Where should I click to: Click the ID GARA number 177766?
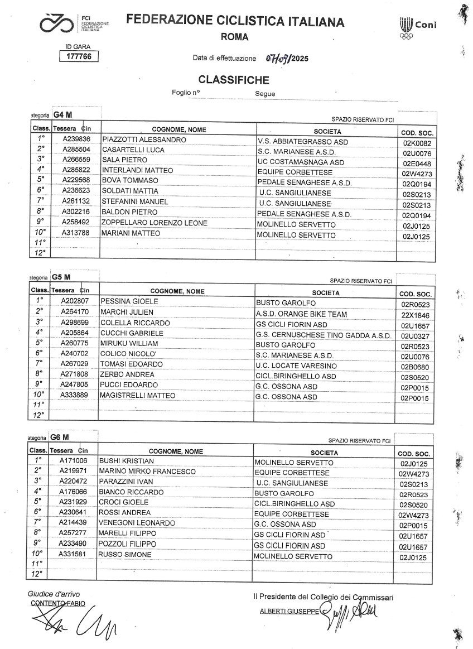(x=79, y=56)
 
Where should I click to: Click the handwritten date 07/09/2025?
(x=287, y=58)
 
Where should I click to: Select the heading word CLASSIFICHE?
(x=234, y=80)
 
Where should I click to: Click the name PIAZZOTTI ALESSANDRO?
(x=143, y=139)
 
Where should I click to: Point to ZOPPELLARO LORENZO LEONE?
(x=155, y=223)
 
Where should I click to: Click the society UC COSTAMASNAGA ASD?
(x=301, y=162)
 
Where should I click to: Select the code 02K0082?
(x=416, y=143)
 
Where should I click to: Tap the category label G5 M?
(x=61, y=276)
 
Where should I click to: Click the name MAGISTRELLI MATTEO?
(x=137, y=396)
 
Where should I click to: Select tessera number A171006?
(x=74, y=461)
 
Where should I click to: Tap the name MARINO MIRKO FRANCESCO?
(x=147, y=472)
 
